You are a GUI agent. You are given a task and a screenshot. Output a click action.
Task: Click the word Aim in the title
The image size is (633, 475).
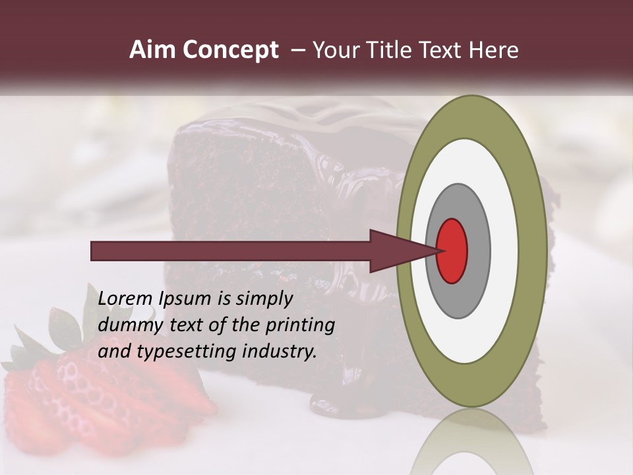pyautogui.click(x=152, y=50)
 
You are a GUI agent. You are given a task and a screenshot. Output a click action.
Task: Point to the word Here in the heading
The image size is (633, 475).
pyautogui.click(x=494, y=50)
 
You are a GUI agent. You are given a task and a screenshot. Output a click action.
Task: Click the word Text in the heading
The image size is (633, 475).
pyautogui.click(x=444, y=50)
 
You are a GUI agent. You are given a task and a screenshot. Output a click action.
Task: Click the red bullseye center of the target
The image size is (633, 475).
pyautogui.click(x=452, y=251)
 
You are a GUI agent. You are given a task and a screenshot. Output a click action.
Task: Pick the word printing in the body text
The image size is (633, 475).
pyautogui.click(x=300, y=326)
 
